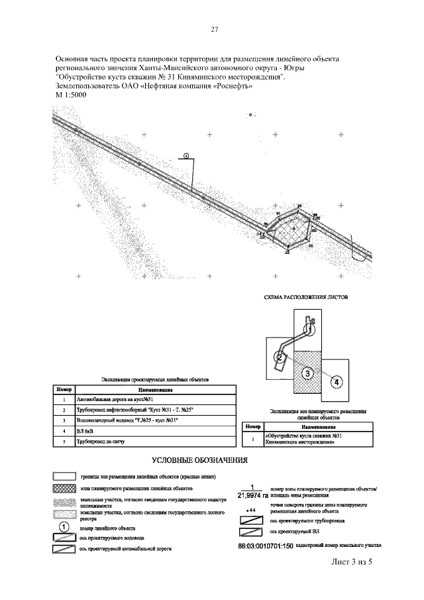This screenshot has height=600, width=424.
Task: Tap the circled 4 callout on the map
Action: click(x=187, y=156)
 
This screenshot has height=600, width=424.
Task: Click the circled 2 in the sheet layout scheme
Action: click(x=280, y=359)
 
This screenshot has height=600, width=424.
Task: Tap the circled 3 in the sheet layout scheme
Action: click(x=307, y=373)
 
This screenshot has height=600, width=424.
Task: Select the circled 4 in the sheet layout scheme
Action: click(x=337, y=382)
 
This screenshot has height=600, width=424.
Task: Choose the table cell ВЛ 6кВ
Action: click(x=89, y=431)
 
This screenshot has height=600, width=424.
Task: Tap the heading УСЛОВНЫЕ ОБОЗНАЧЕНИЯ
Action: click(x=200, y=459)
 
